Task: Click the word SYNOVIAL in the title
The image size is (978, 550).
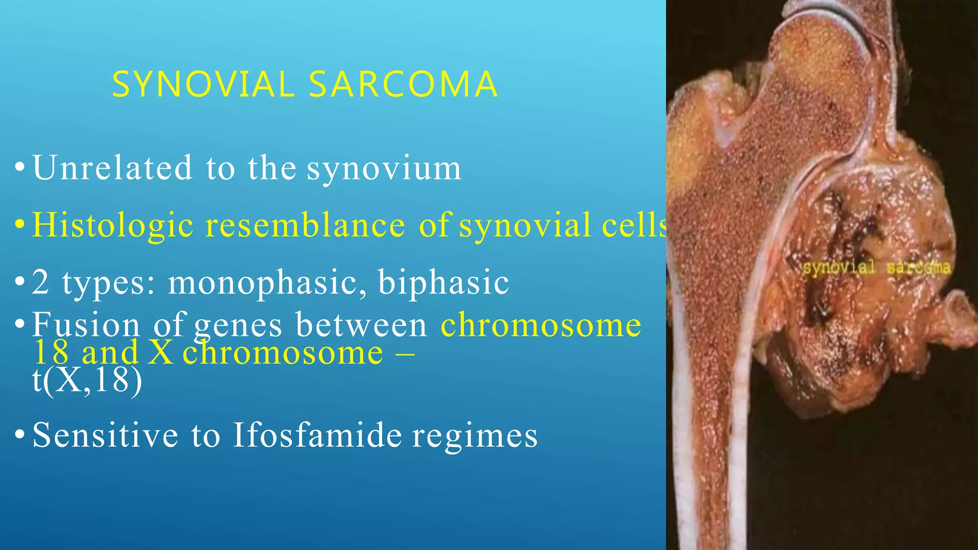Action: click(203, 85)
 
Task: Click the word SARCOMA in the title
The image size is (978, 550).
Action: click(404, 85)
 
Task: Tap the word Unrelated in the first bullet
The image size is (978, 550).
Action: click(112, 168)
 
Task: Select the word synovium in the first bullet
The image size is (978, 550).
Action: click(384, 169)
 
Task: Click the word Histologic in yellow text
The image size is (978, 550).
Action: click(113, 225)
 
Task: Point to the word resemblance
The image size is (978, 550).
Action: click(305, 225)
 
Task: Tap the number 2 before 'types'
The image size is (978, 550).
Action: click(41, 283)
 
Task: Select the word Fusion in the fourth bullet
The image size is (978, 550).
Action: click(86, 325)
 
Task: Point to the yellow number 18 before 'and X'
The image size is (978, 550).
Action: click(51, 353)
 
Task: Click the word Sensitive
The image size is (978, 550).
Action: click(105, 435)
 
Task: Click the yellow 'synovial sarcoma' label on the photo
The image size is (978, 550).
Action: click(876, 267)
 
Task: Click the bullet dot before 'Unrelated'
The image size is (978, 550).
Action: click(20, 168)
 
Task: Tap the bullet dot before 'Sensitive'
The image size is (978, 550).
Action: click(20, 435)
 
